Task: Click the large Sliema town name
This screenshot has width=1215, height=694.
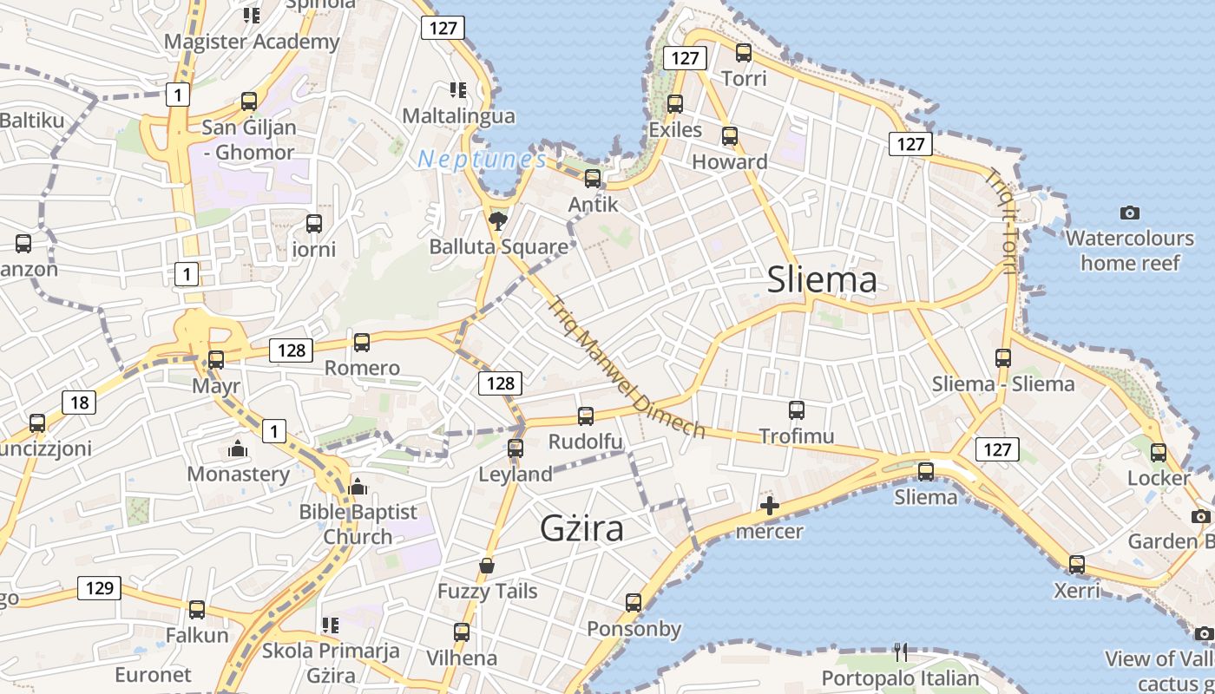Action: tap(822, 279)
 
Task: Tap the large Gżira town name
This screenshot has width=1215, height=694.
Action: tap(581, 527)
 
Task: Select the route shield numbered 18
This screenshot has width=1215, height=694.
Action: tap(79, 402)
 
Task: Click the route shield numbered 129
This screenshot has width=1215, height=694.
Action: tap(100, 588)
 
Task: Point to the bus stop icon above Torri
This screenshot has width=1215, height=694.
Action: tap(744, 53)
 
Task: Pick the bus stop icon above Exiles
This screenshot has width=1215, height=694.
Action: tap(675, 104)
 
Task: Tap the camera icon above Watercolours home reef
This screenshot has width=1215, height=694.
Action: tap(1129, 213)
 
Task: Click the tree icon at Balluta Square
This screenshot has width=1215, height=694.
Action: tap(498, 220)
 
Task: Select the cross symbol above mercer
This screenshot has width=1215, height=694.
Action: tap(769, 506)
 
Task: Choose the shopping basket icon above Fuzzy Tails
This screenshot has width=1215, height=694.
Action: tap(487, 566)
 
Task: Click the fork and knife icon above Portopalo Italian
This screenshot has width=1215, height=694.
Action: tap(901, 652)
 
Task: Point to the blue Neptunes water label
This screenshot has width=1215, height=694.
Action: tap(482, 160)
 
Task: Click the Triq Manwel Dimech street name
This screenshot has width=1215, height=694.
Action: tap(627, 368)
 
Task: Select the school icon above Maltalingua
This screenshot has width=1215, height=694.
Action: tap(457, 89)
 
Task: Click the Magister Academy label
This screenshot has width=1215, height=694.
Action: tap(252, 42)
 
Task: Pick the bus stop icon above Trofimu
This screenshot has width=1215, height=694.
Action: tap(797, 410)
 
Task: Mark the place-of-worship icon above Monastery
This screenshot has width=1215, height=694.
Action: tap(238, 448)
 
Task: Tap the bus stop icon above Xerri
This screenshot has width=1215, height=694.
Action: tap(1077, 565)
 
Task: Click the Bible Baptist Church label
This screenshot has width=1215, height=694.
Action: tap(358, 524)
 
